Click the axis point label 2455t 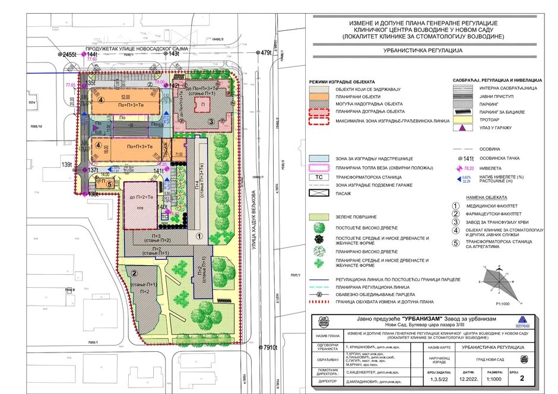tap(70, 54)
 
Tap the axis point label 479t tap(265, 53)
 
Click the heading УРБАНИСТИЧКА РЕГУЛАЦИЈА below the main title tap(423, 51)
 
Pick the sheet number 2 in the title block tap(522, 377)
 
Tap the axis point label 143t tap(174, 53)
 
